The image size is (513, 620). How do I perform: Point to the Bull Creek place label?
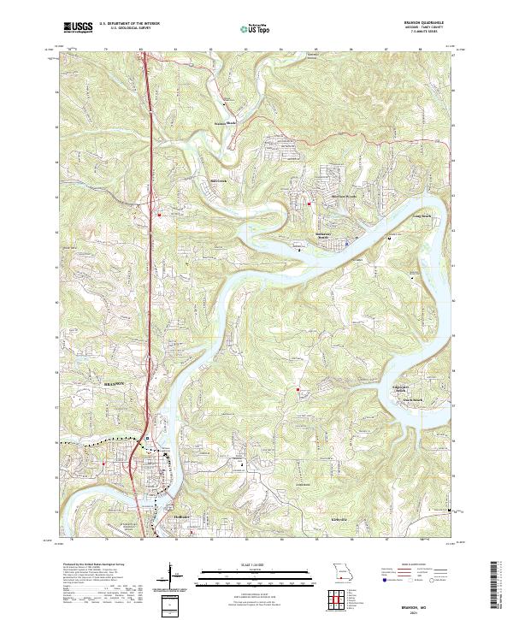tap(219, 180)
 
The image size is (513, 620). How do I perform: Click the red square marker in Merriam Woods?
tap(309, 203)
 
